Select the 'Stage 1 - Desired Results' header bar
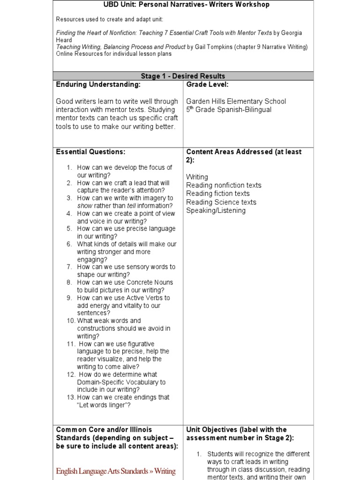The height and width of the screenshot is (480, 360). click(x=183, y=76)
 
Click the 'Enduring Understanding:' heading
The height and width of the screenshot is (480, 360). click(x=98, y=84)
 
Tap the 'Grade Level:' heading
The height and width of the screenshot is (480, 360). click(x=207, y=84)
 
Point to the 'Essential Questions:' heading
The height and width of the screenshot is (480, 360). click(x=90, y=152)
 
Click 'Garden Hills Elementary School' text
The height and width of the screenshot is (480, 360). click(x=236, y=101)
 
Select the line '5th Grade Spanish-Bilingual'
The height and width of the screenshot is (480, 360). click(x=229, y=110)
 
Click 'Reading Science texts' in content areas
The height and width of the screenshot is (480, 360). click(x=221, y=202)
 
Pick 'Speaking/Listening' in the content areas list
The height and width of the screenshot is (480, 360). click(x=216, y=210)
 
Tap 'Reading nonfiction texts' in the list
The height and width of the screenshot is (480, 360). click(x=224, y=185)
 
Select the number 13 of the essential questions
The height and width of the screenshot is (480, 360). click(x=71, y=397)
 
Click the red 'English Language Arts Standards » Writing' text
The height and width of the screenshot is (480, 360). click(x=116, y=471)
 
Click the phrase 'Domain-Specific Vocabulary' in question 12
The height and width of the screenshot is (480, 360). click(x=121, y=382)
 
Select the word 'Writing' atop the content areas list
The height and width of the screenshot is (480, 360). click(x=197, y=177)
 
